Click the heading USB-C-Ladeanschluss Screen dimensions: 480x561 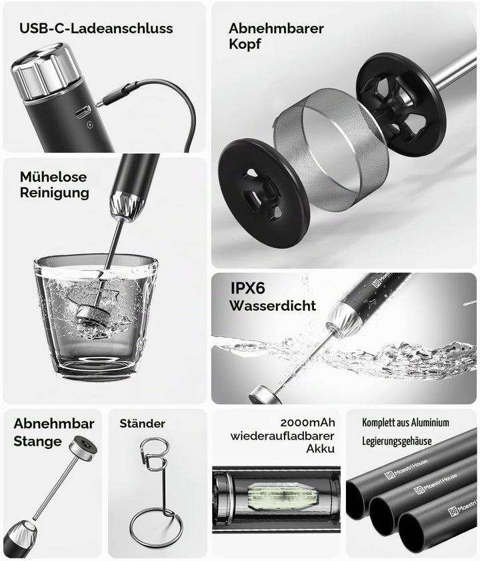96,29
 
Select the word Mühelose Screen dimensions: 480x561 53,177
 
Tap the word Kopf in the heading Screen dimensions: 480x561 245,45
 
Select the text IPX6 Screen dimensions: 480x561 247,288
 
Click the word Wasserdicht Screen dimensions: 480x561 273,306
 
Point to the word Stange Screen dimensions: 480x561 37,442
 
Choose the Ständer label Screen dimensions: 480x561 143,424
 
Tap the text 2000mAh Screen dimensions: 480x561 307,422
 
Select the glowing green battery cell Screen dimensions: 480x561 283,496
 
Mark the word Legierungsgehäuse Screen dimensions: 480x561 397,441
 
